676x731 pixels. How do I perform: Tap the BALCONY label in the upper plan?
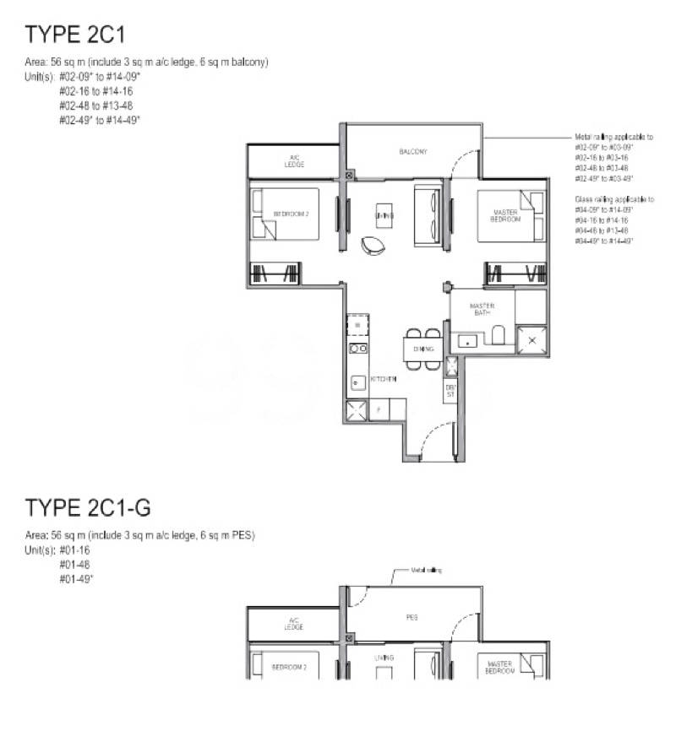[413, 152]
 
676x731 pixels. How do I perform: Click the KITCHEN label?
[383, 380]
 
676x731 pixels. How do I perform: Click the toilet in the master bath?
[498, 336]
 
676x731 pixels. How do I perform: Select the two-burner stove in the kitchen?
[357, 348]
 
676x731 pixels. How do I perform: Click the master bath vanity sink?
[466, 341]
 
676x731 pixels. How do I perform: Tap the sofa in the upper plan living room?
[427, 217]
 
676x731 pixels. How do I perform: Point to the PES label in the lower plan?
[412, 617]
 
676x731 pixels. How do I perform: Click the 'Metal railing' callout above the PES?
[427, 571]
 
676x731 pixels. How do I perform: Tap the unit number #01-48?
[70, 563]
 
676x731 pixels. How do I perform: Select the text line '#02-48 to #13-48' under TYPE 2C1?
[95, 106]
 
